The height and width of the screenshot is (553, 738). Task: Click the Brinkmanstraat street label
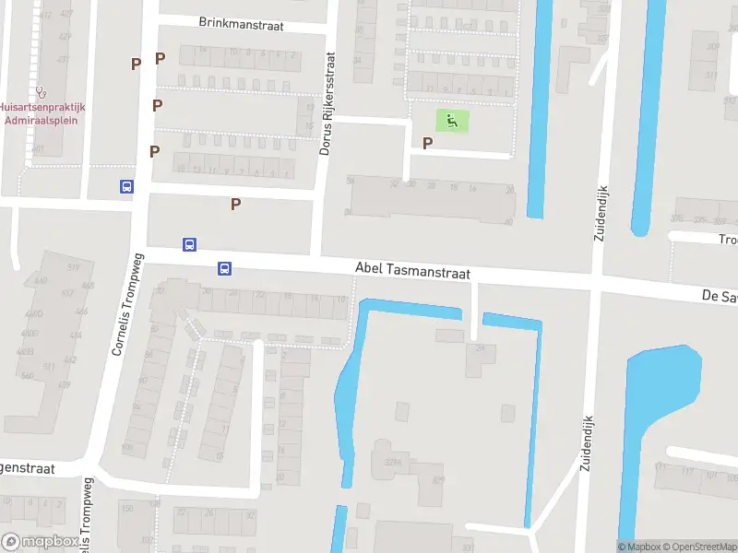[239, 22]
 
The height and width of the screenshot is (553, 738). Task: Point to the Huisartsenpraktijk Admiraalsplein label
[42, 113]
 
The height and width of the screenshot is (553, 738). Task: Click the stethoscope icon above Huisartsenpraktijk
[41, 92]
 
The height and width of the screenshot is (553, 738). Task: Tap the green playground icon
[451, 120]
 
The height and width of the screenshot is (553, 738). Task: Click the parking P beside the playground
[427, 143]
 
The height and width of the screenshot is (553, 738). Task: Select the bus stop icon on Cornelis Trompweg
[126, 186]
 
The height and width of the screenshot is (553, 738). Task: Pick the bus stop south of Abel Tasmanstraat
[224, 269]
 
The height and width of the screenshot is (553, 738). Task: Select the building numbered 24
[480, 348]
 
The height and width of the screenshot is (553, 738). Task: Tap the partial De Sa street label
[718, 296]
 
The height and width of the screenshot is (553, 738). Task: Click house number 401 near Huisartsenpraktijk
[37, 148]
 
